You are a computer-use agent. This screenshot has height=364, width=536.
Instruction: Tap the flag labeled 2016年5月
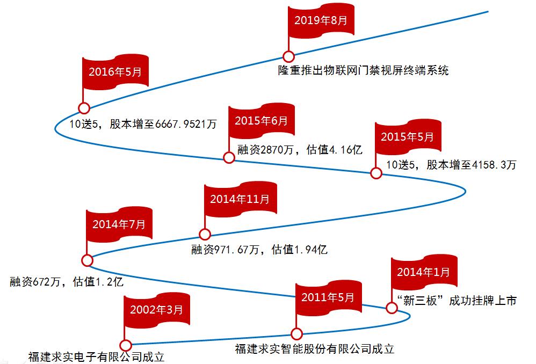coord(115,71)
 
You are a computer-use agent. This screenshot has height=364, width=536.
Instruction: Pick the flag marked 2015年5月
coord(407,136)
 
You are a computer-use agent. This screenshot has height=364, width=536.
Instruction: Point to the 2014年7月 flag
coord(118,225)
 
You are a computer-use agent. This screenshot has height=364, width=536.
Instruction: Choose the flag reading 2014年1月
coord(423,272)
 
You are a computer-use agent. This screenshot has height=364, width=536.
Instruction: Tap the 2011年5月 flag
coord(328,297)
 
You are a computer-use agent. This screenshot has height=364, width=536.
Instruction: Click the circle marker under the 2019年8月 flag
coord(288,56)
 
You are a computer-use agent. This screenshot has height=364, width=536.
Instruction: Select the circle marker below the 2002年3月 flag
coord(126,345)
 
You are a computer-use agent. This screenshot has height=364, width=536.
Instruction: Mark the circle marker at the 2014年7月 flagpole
coord(86,260)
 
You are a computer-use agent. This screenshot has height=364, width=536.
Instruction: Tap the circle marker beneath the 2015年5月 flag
coord(376,173)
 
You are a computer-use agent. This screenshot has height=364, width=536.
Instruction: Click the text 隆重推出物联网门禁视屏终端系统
coord(363,70)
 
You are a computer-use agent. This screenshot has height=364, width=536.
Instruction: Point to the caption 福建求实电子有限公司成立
coord(96,356)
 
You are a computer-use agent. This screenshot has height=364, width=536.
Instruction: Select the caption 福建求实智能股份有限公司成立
coord(315,349)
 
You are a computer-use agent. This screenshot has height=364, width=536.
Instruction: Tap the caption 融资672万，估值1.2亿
coord(67,281)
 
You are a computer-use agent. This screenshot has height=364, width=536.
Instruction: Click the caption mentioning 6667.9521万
coord(143,124)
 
